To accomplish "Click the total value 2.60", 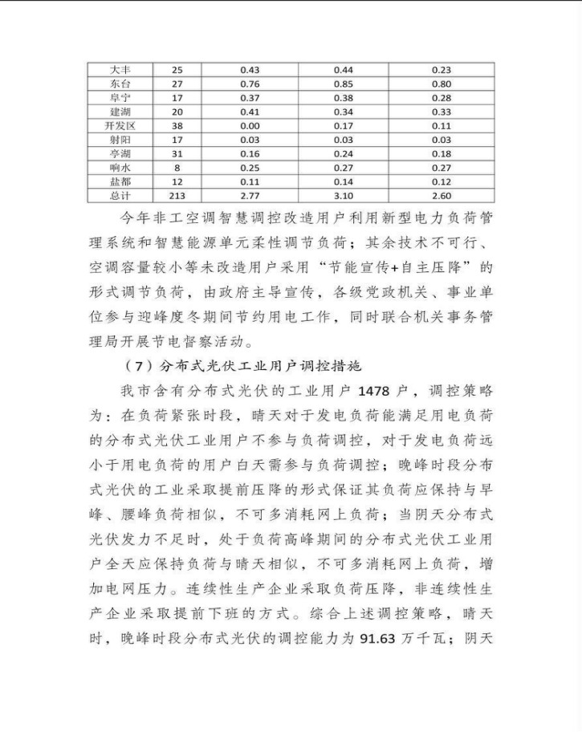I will (x=441, y=196).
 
